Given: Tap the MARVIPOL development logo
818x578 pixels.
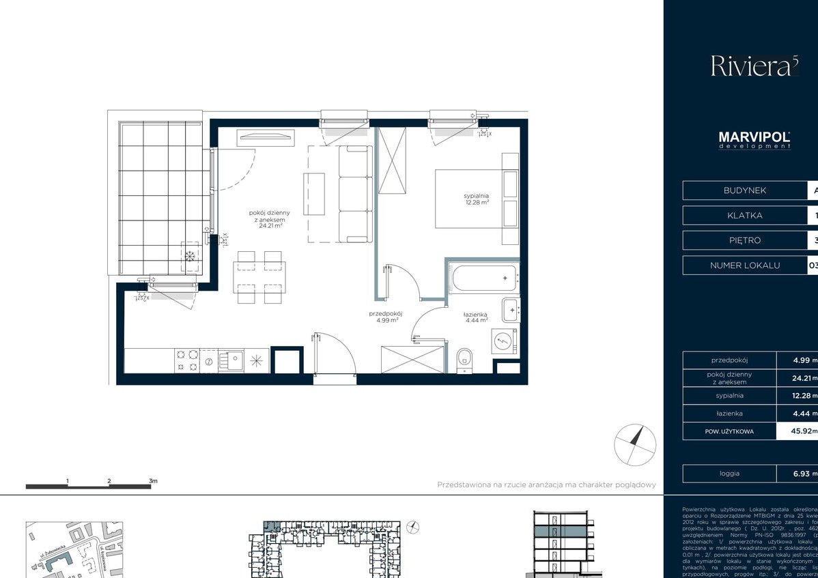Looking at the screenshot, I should tap(754, 140).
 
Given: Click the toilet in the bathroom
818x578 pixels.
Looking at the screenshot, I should tap(465, 357).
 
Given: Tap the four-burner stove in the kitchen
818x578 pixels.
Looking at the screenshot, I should tap(187, 360).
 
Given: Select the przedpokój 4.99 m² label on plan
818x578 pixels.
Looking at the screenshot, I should tap(385, 317).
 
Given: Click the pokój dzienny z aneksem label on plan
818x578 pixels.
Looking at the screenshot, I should tap(266, 220).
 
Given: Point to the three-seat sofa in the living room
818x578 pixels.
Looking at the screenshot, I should tap(356, 194).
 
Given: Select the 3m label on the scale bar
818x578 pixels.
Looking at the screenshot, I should tap(153, 480).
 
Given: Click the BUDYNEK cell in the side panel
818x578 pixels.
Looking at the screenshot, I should tap(744, 190).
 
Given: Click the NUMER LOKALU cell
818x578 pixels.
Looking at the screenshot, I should tap(744, 265).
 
